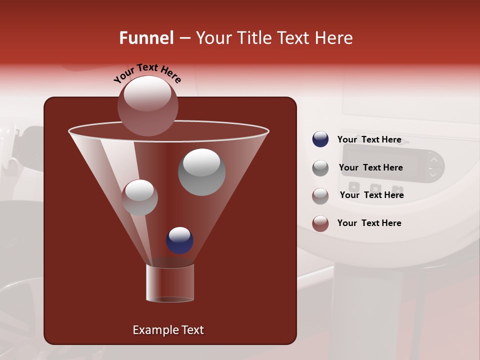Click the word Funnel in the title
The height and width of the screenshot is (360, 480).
point(146,38)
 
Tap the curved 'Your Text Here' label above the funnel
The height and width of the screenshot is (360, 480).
point(147,73)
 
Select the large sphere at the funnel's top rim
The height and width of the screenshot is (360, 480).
point(148,106)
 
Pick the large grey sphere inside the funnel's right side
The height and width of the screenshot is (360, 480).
point(201,172)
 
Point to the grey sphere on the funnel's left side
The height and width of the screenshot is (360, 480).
point(139,198)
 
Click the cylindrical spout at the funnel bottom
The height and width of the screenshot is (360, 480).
point(170,283)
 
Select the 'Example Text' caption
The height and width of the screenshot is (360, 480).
point(168,330)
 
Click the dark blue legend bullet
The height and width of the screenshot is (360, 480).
point(320,139)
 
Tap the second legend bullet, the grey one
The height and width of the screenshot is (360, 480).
point(320,168)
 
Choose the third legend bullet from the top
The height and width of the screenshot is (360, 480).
point(320,196)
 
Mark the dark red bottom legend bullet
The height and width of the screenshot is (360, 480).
point(320,223)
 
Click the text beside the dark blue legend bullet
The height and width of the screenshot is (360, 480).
point(369,139)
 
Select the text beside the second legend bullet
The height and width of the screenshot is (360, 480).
point(370,167)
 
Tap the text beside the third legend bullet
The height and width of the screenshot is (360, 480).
point(371,195)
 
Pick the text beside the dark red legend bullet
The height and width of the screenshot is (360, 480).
point(369,223)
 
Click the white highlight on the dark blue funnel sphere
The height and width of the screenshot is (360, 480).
point(179,234)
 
